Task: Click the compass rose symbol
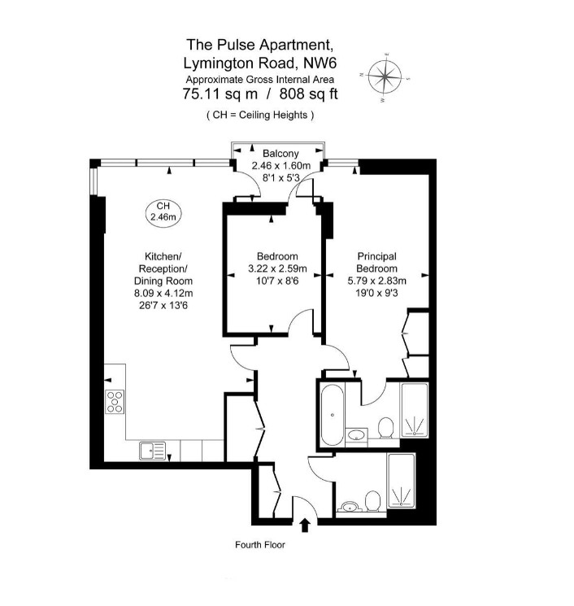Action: pyautogui.click(x=385, y=79)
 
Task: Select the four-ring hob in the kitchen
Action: pyautogui.click(x=115, y=402)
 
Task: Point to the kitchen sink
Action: pyautogui.click(x=151, y=450)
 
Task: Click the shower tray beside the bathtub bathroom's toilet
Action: pyautogui.click(x=413, y=412)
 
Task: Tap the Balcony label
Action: pyautogui.click(x=280, y=153)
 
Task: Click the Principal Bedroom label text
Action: pyautogui.click(x=377, y=262)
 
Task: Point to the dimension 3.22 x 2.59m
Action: pyautogui.click(x=276, y=268)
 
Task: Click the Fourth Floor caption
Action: pyautogui.click(x=259, y=545)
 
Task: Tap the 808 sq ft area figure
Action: pyautogui.click(x=308, y=94)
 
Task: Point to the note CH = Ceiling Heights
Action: pyautogui.click(x=259, y=116)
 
